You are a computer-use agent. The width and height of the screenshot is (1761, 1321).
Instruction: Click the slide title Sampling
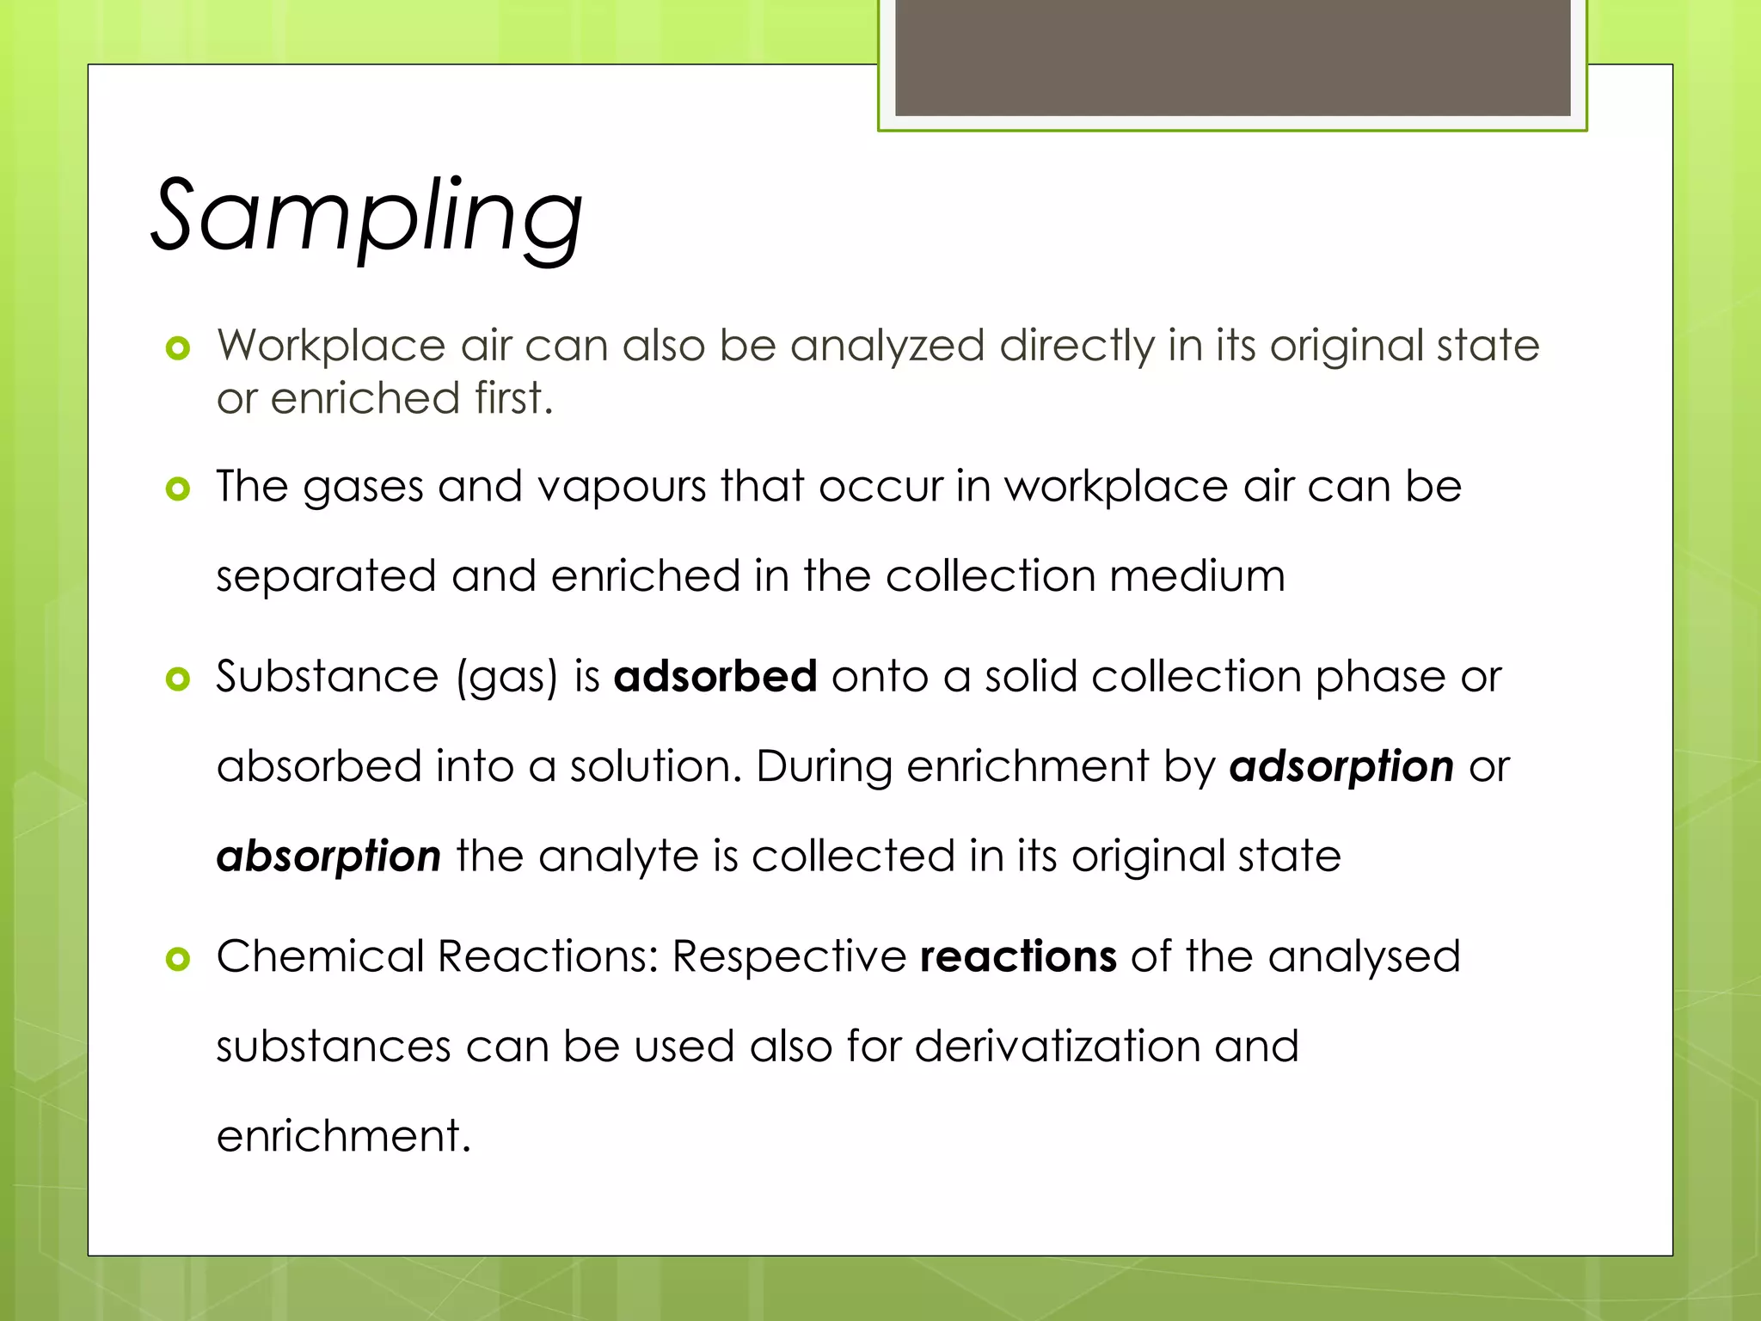coord(367,216)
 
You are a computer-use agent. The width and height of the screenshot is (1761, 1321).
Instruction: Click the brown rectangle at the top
coord(1232,57)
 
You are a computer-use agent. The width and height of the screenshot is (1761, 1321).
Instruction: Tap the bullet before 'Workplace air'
coord(177,348)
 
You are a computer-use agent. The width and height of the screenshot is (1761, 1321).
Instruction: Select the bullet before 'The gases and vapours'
coord(177,488)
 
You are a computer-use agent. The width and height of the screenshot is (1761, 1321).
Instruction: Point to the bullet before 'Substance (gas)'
coord(177,679)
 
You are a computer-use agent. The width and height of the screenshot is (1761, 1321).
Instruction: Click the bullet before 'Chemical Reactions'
coord(177,958)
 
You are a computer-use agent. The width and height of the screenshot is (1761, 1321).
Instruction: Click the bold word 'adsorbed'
coord(715,676)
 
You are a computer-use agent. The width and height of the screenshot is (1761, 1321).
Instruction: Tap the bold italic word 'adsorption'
coord(1341,766)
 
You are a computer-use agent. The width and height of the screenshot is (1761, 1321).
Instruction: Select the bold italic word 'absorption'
coord(328,857)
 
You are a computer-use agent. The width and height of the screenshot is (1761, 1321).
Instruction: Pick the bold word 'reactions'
coord(1017,956)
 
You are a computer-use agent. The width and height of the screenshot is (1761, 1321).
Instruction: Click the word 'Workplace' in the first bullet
coord(331,347)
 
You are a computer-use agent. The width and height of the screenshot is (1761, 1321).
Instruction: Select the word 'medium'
coord(1197,576)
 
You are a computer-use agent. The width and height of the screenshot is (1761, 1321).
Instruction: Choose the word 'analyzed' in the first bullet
coord(887,347)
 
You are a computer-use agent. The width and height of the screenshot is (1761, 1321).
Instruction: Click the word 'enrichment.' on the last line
coord(344,1136)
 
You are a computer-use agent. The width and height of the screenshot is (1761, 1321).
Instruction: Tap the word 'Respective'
coord(788,956)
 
